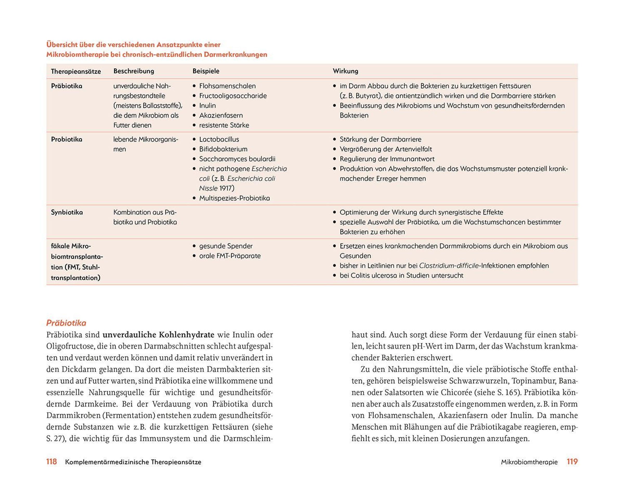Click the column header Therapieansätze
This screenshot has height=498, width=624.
76,71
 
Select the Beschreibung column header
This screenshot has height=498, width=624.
133,71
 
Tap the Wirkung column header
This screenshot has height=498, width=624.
345,71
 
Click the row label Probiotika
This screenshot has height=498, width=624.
67,139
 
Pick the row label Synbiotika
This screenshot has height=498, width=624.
67,213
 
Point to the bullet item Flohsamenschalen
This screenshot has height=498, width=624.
227,86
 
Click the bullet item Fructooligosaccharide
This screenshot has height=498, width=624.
233,96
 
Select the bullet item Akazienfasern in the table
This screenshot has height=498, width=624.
221,115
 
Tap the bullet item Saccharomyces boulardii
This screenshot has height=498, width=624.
237,159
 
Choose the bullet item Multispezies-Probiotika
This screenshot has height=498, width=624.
235,198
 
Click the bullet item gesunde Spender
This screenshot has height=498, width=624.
226,246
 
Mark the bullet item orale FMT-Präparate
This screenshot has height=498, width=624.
230,256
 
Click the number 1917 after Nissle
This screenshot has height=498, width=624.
227,188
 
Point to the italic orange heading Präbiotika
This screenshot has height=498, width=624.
66,323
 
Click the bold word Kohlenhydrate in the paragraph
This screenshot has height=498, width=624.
187,335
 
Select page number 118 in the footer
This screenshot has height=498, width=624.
51,462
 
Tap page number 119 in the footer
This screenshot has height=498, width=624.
572,462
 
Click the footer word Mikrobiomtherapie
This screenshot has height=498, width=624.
529,462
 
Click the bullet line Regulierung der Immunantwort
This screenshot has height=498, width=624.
387,159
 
